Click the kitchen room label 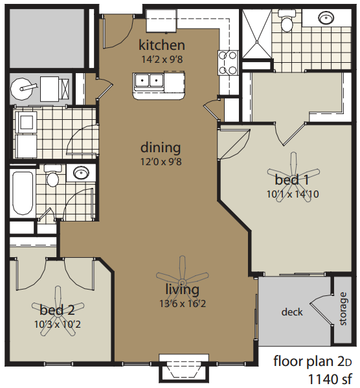click(162, 45)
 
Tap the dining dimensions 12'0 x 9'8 click(161, 161)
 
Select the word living click(183, 290)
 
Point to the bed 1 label click(292, 179)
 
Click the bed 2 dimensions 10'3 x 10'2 click(58, 324)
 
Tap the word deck click(292, 312)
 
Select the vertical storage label click(343, 308)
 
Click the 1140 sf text click(330, 378)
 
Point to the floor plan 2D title click(312, 361)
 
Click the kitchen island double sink click(148, 80)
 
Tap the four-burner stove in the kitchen click(228, 63)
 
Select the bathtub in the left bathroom click(23, 194)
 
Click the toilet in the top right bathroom click(287, 20)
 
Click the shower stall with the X click(256, 34)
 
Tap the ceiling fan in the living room click(183, 282)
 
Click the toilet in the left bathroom click(52, 176)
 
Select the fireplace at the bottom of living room click(184, 368)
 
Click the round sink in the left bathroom click(82, 172)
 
